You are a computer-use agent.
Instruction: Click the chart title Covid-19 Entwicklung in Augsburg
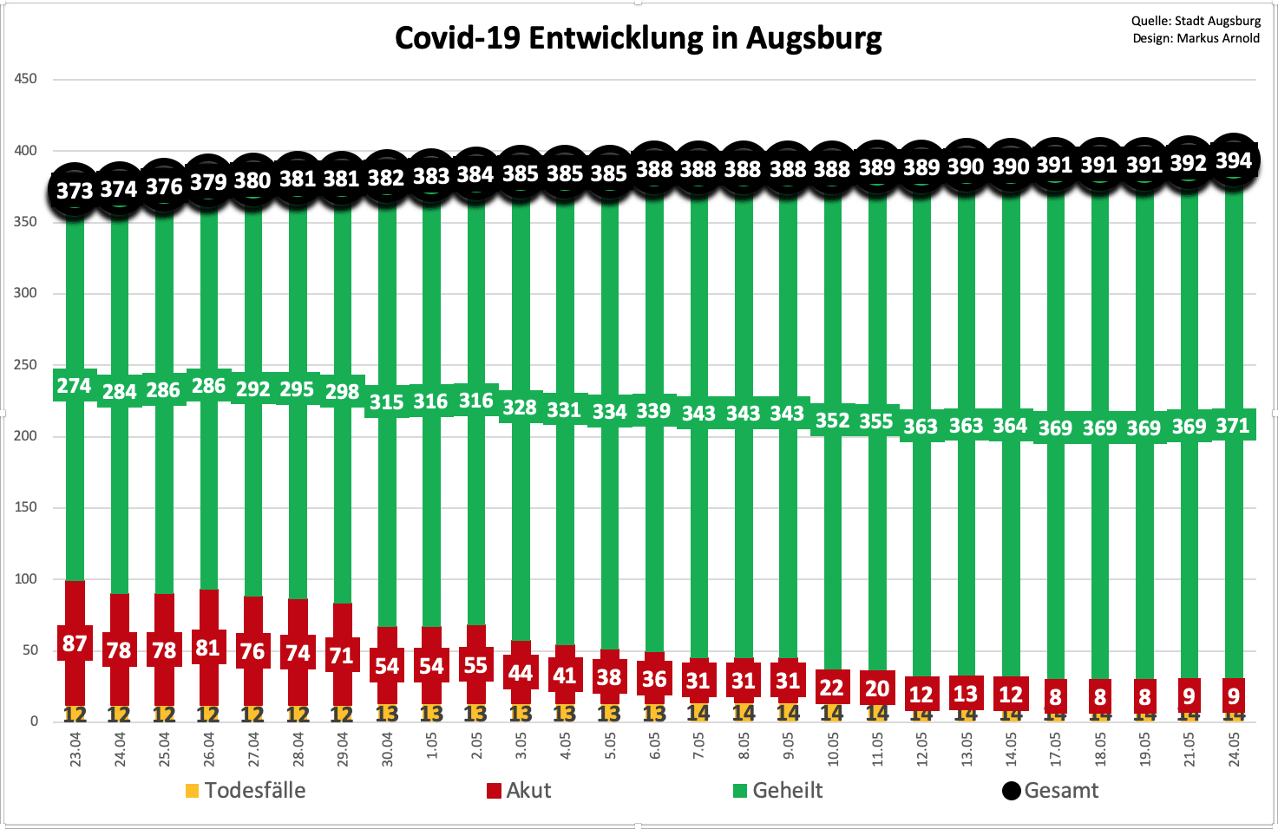click(638, 39)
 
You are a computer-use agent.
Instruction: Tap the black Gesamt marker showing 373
click(75, 189)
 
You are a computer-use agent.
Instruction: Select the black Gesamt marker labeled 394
click(1233, 160)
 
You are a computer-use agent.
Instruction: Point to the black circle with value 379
click(208, 181)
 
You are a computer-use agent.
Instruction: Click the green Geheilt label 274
click(75, 386)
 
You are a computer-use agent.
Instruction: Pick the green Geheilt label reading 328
click(520, 407)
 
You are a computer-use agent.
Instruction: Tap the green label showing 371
click(1233, 426)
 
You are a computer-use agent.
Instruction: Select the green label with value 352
click(832, 421)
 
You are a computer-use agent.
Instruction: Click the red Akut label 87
click(75, 643)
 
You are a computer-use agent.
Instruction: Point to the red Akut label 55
click(475, 665)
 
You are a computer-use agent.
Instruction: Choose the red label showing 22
click(832, 688)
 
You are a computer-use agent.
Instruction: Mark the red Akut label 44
click(520, 673)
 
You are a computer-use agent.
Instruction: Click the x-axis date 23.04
click(75, 749)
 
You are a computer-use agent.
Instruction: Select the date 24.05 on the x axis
click(1234, 749)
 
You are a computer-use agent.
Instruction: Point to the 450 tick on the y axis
click(26, 79)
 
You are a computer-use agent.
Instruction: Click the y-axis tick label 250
click(26, 365)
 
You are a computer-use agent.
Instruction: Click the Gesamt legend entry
click(1051, 791)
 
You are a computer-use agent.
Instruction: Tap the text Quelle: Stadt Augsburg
click(1196, 21)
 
